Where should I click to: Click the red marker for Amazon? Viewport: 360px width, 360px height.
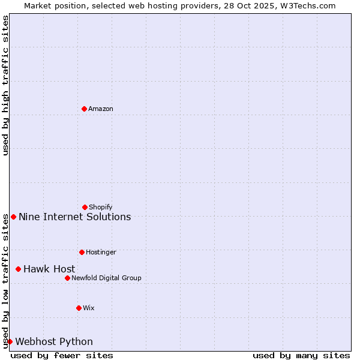(x=84, y=109)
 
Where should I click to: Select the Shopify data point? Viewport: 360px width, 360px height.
(x=85, y=207)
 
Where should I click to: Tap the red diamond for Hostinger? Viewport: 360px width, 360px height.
(x=82, y=252)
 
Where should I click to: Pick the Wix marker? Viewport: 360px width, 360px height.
(x=79, y=308)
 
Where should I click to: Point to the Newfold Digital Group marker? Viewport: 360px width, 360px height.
(x=67, y=278)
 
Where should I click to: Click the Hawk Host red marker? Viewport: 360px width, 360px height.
(x=18, y=269)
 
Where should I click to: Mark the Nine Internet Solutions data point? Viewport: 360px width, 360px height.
(x=13, y=217)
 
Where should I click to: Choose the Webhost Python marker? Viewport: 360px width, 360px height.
(x=10, y=341)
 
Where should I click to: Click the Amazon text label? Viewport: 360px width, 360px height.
(x=101, y=109)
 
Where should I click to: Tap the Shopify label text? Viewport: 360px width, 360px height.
(x=101, y=207)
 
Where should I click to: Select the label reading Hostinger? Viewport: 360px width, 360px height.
(x=101, y=252)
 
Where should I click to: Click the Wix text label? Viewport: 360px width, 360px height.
(x=89, y=308)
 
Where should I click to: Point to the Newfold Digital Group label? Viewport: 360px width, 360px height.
(x=106, y=278)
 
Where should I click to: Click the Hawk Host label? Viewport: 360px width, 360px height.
(x=49, y=269)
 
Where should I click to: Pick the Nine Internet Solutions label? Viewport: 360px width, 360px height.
(x=74, y=217)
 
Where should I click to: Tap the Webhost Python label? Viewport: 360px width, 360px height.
(x=54, y=341)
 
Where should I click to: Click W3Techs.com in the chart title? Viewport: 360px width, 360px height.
(x=307, y=5)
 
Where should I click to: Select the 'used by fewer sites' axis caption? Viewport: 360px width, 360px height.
(x=62, y=355)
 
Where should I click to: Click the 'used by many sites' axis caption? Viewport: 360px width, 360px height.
(x=301, y=355)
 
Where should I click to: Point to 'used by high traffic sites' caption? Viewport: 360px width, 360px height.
(x=5, y=85)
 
